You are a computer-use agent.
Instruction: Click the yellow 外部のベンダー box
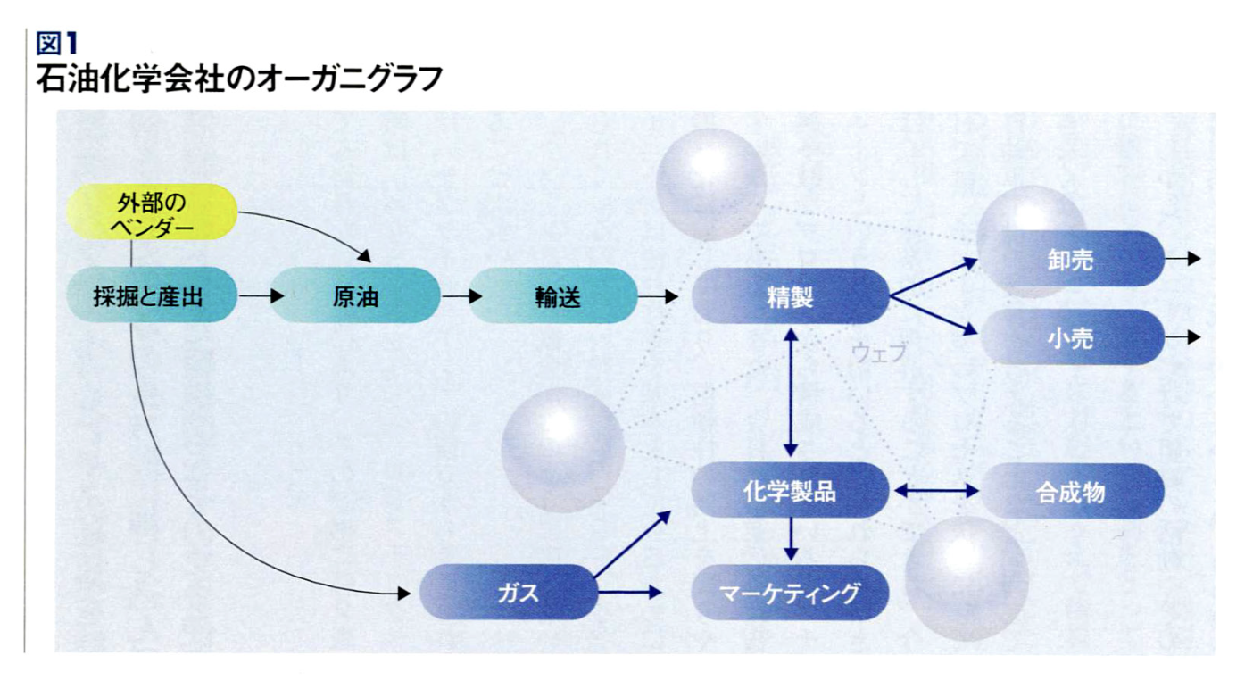152,212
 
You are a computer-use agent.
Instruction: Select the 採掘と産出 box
152,295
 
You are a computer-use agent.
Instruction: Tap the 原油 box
356,295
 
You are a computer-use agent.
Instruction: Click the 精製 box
790,296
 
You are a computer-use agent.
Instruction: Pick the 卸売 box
1071,259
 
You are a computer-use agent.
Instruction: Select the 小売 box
1072,337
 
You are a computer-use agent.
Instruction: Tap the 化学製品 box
790,491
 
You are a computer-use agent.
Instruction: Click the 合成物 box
1072,491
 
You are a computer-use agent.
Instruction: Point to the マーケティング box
790,593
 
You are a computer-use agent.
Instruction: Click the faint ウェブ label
878,353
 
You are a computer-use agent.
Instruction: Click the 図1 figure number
56,43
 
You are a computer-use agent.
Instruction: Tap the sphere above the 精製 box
711,185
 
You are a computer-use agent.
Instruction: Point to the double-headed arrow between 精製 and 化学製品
791,393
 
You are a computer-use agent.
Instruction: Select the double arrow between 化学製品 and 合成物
936,491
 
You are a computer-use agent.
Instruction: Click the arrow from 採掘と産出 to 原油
261,295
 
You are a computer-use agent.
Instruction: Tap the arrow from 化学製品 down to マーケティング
791,539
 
